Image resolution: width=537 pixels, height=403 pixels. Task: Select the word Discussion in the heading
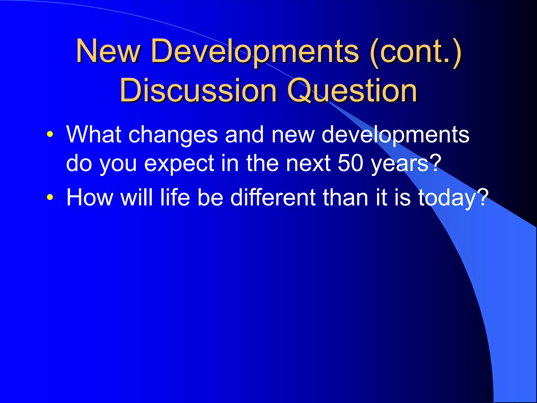[x=198, y=91]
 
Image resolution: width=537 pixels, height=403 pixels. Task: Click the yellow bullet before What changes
[x=50, y=135]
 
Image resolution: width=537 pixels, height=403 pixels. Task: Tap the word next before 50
[x=308, y=163]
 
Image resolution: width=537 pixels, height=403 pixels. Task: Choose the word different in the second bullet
[x=273, y=197]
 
